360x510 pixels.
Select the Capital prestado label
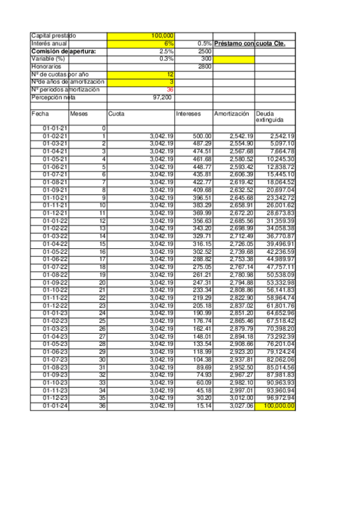click(53, 36)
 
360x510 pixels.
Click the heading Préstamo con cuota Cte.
click(249, 44)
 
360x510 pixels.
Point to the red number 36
click(170, 89)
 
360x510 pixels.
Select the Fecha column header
click(40, 113)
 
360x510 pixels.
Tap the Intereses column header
click(189, 113)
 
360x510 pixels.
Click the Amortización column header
click(231, 113)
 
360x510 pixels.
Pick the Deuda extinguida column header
click(268, 117)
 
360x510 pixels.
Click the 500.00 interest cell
click(203, 136)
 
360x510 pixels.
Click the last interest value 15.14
click(204, 407)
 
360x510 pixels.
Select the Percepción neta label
click(54, 97)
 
